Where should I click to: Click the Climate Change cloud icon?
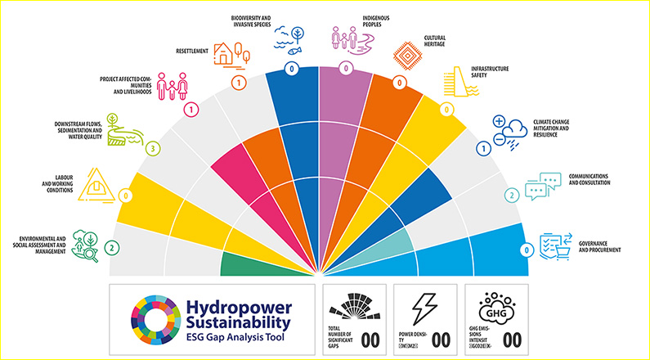coord(512,130)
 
